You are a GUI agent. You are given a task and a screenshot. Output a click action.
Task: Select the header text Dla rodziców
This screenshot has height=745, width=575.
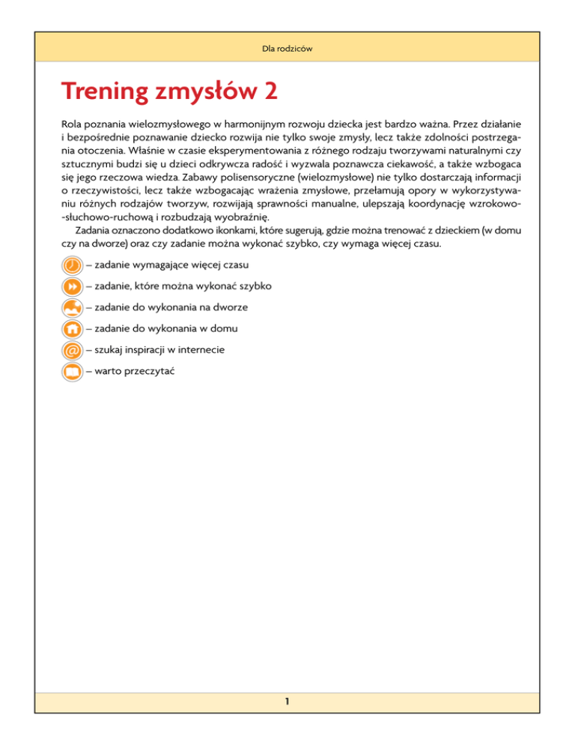coord(287,49)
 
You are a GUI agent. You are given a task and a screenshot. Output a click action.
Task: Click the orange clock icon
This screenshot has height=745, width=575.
coord(72,266)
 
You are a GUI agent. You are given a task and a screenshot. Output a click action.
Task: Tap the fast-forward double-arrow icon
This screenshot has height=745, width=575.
coord(72,287)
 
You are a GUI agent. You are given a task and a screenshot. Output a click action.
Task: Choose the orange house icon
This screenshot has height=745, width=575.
coord(72,328)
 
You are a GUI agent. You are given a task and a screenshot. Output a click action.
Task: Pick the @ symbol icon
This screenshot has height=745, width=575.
coord(72,350)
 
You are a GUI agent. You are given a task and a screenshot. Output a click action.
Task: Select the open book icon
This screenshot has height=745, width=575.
coord(72,371)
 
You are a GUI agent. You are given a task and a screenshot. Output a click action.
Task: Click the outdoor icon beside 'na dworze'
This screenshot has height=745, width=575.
coord(72,307)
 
